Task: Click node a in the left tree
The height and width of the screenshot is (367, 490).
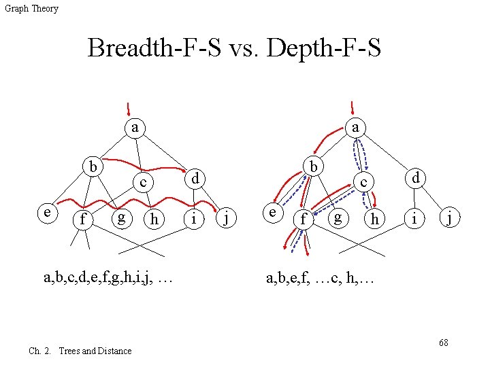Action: (136, 127)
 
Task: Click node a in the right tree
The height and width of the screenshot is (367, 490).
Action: (355, 127)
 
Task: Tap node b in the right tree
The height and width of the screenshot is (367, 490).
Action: (313, 167)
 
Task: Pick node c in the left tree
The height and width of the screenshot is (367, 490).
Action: (143, 182)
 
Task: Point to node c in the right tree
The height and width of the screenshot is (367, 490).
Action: (364, 182)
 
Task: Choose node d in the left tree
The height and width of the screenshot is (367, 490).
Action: (194, 178)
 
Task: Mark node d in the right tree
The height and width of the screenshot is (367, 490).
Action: (414, 178)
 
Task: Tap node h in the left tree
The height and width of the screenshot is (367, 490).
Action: (154, 219)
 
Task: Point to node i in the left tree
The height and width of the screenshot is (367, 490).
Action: (195, 218)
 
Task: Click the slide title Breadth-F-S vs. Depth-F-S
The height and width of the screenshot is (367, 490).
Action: (234, 49)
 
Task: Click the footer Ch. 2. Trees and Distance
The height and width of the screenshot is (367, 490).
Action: (80, 351)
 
